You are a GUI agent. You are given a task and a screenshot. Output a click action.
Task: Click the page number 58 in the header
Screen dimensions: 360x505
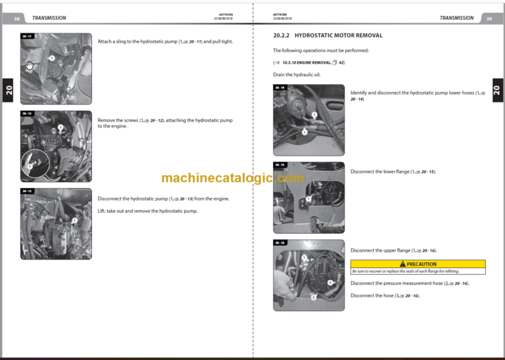[16, 18]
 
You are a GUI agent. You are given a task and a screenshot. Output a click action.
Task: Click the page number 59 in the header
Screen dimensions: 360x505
[489, 18]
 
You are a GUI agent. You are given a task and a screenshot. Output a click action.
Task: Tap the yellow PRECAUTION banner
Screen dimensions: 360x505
[418, 263]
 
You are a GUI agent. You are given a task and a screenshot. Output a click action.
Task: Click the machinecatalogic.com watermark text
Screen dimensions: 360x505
[232, 178]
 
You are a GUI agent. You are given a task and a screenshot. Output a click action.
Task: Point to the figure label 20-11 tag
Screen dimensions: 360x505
[27, 36]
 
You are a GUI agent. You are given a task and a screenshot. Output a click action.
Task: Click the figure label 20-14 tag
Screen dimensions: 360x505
[279, 87]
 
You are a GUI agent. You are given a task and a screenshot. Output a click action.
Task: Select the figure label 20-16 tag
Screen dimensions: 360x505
[279, 242]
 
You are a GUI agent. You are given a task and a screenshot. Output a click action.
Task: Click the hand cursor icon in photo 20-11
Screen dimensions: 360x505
[29, 64]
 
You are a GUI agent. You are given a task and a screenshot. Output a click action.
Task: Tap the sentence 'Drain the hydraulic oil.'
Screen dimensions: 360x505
[297, 75]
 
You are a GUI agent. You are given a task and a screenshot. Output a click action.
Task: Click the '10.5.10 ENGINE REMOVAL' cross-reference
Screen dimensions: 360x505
[308, 62]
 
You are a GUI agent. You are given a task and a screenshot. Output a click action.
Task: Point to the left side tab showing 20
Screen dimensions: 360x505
[8, 91]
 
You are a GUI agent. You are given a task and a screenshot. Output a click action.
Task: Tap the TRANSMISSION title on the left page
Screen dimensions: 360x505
[49, 18]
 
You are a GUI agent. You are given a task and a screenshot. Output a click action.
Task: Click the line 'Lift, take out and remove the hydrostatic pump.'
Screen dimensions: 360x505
[147, 211]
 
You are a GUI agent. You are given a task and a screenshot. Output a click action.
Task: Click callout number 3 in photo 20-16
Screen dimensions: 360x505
[329, 282]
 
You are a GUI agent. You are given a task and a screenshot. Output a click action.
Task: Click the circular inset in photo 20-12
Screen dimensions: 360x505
[34, 164]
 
